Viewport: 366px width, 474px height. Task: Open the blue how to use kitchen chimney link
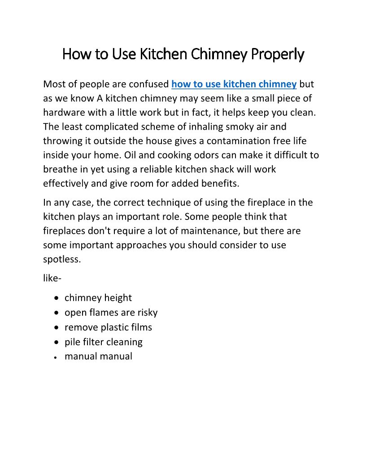tap(234, 84)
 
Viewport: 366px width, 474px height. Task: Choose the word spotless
tap(62, 259)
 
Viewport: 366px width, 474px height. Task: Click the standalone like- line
tap(52, 278)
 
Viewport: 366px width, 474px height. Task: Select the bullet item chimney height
tap(98, 298)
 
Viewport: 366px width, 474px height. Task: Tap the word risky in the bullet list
tap(148, 312)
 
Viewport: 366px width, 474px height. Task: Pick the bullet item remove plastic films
tap(108, 327)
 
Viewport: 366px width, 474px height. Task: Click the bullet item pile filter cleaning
tap(103, 342)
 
